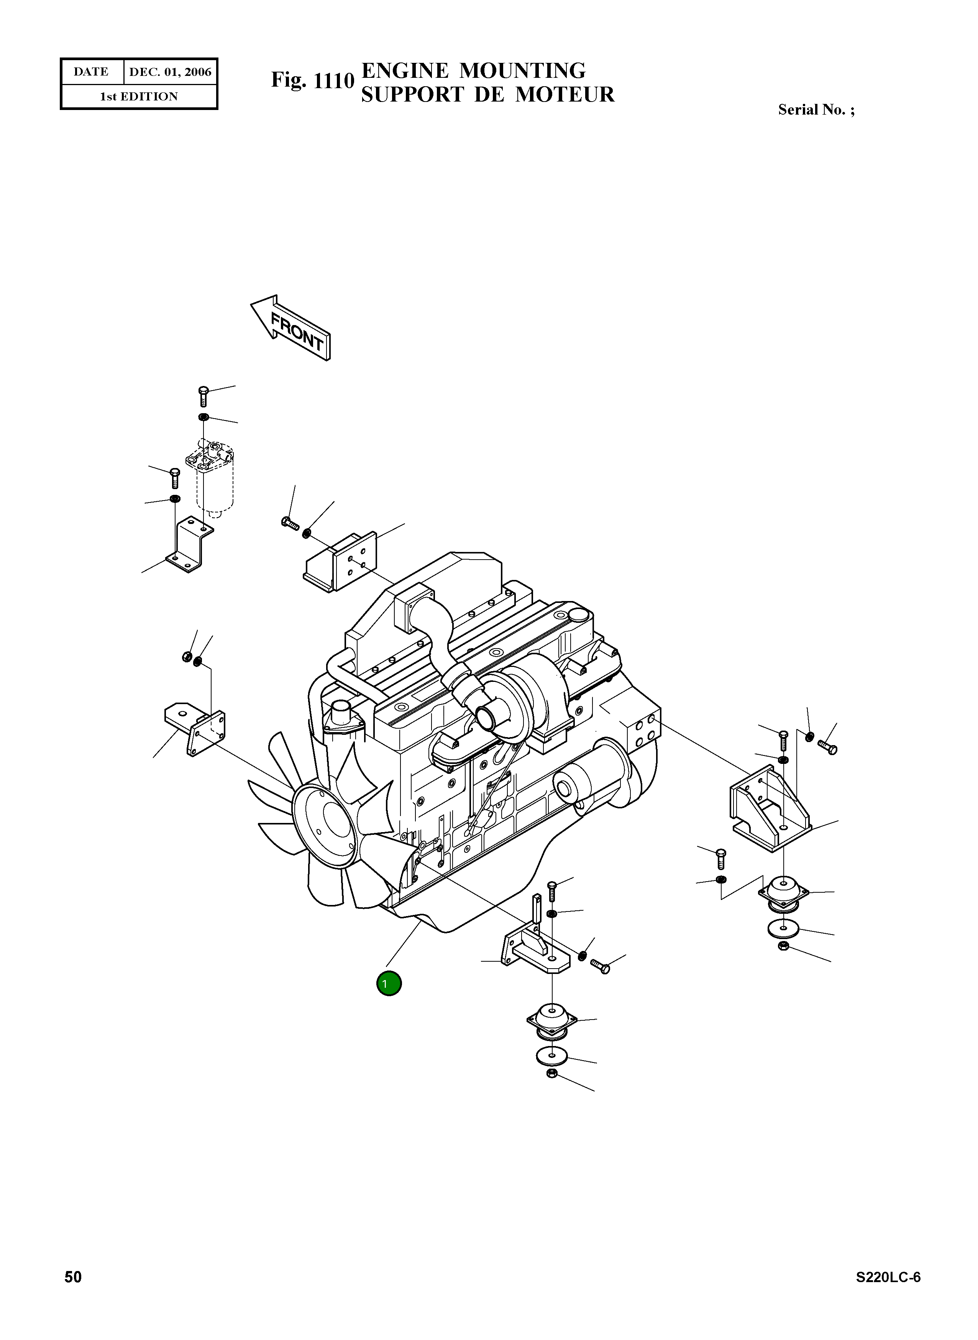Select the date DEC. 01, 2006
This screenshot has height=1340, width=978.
coord(170,72)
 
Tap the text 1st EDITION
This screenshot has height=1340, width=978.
coord(138,97)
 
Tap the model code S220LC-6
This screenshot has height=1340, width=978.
coord(888,1277)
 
